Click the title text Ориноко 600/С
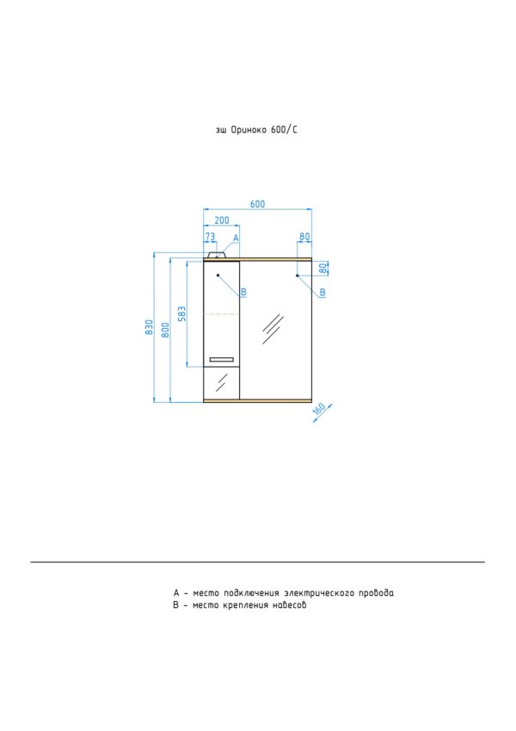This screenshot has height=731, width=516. tap(263, 130)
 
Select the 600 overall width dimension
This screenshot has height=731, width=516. tap(257, 204)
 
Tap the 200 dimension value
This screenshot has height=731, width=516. tap(222, 220)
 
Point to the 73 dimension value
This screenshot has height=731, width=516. tap(210, 237)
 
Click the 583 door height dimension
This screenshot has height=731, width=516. tap(182, 313)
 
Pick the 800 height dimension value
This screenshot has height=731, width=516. tap(165, 330)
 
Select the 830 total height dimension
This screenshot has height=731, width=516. tap(149, 327)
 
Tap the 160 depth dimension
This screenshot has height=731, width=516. tap(319, 409)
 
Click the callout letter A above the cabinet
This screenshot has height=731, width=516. tap(236, 238)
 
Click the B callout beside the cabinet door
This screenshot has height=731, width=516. tap(243, 292)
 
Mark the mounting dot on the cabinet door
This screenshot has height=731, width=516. tap(218, 276)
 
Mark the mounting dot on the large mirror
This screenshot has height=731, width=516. tap(297, 276)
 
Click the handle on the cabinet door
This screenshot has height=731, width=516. tap(221, 359)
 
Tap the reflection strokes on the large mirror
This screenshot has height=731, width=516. tap(273, 329)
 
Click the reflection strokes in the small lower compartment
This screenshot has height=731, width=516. tap(221, 382)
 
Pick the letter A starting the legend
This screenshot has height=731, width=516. tap(176, 593)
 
